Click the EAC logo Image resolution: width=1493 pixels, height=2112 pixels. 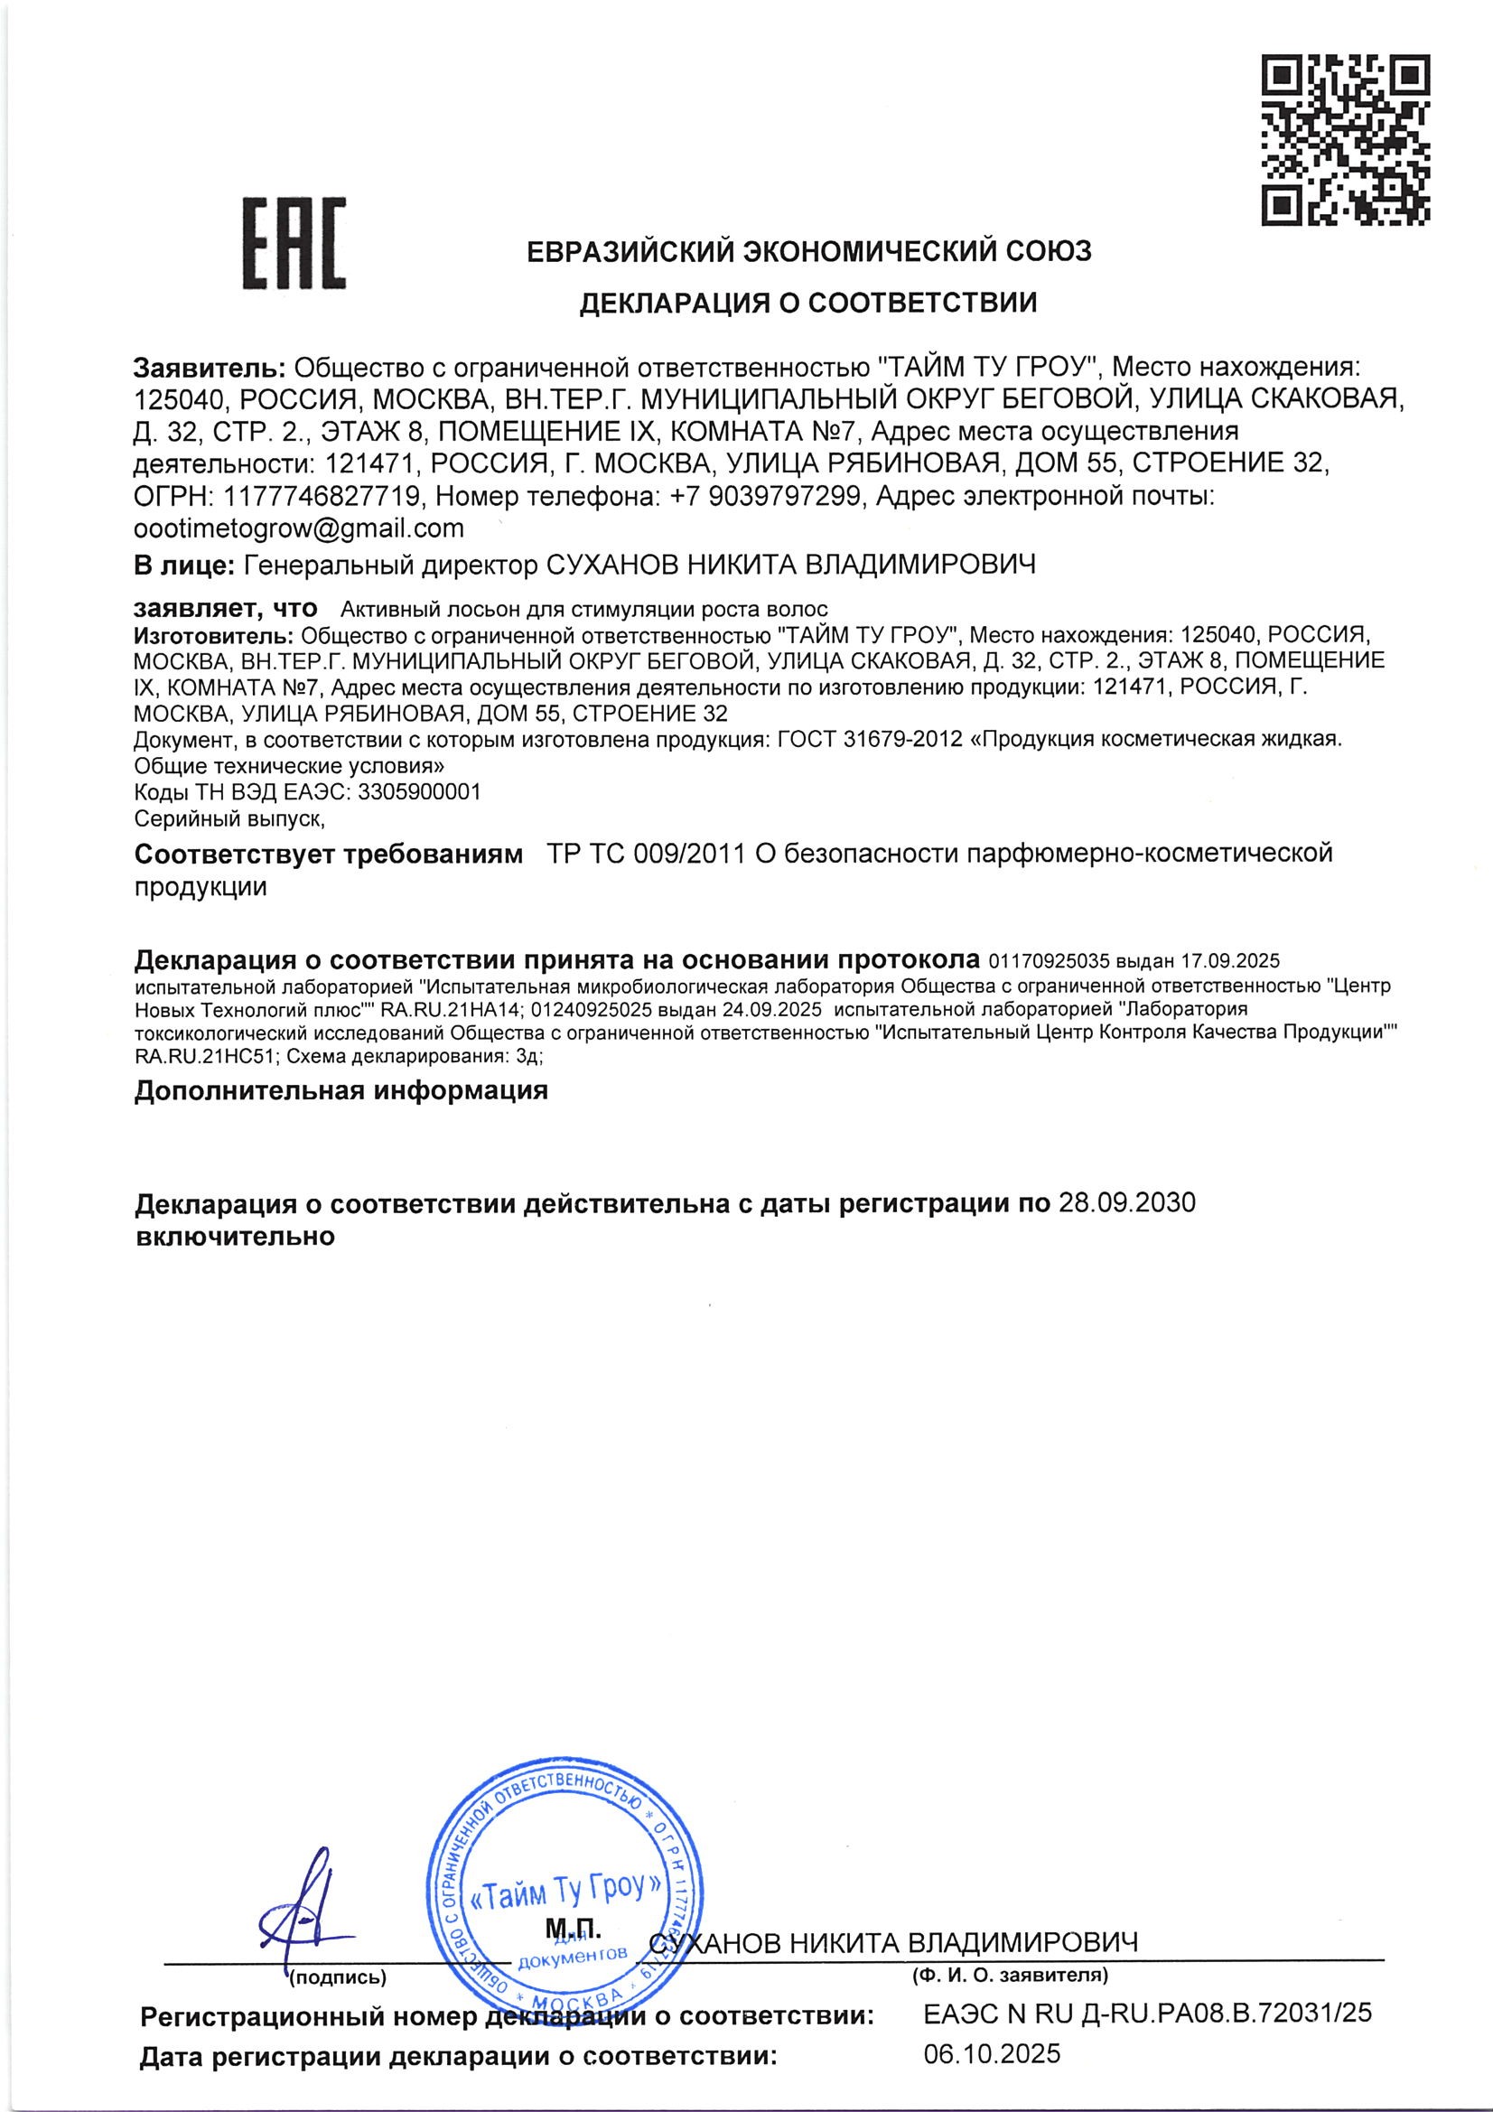[x=294, y=242]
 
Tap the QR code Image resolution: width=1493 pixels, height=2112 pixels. [x=1345, y=140]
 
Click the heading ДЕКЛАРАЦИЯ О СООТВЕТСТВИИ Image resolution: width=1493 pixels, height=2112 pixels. [x=807, y=303]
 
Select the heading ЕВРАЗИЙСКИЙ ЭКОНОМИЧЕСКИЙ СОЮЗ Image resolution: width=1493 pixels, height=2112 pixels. [x=808, y=250]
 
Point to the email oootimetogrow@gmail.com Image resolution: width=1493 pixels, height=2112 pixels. [x=299, y=528]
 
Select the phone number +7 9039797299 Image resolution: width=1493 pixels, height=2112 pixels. [x=765, y=497]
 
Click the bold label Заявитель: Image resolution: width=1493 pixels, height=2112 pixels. [x=210, y=368]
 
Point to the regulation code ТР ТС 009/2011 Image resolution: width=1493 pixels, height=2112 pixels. [x=645, y=854]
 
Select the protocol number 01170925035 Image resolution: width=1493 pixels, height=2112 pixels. [x=1048, y=961]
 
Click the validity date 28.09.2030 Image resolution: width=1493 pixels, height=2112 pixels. [x=1127, y=1202]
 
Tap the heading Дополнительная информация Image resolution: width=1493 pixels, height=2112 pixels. [x=341, y=1091]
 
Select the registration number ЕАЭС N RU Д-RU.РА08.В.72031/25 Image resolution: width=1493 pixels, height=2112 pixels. [x=1147, y=2013]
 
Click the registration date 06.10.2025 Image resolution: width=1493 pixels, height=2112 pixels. [x=993, y=2054]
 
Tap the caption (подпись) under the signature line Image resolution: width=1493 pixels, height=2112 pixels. [x=338, y=1976]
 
